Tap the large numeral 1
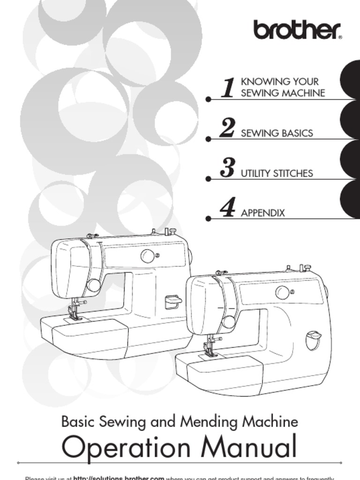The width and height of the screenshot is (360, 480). click(228, 88)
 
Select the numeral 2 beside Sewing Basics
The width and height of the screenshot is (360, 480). click(227, 128)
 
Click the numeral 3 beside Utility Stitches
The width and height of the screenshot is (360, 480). click(227, 168)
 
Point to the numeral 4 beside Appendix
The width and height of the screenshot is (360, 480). click(228, 208)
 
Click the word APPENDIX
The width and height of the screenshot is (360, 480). click(262, 213)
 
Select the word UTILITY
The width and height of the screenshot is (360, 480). click(256, 173)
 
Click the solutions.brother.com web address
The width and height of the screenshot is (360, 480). click(119, 478)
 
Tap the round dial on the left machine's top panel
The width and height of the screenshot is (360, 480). click(148, 256)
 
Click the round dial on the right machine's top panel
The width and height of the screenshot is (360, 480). click(282, 292)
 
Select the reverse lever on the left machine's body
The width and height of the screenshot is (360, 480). click(173, 301)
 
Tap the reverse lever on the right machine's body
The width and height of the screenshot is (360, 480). click(314, 339)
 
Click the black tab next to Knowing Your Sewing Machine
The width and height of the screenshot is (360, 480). click(351, 80)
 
